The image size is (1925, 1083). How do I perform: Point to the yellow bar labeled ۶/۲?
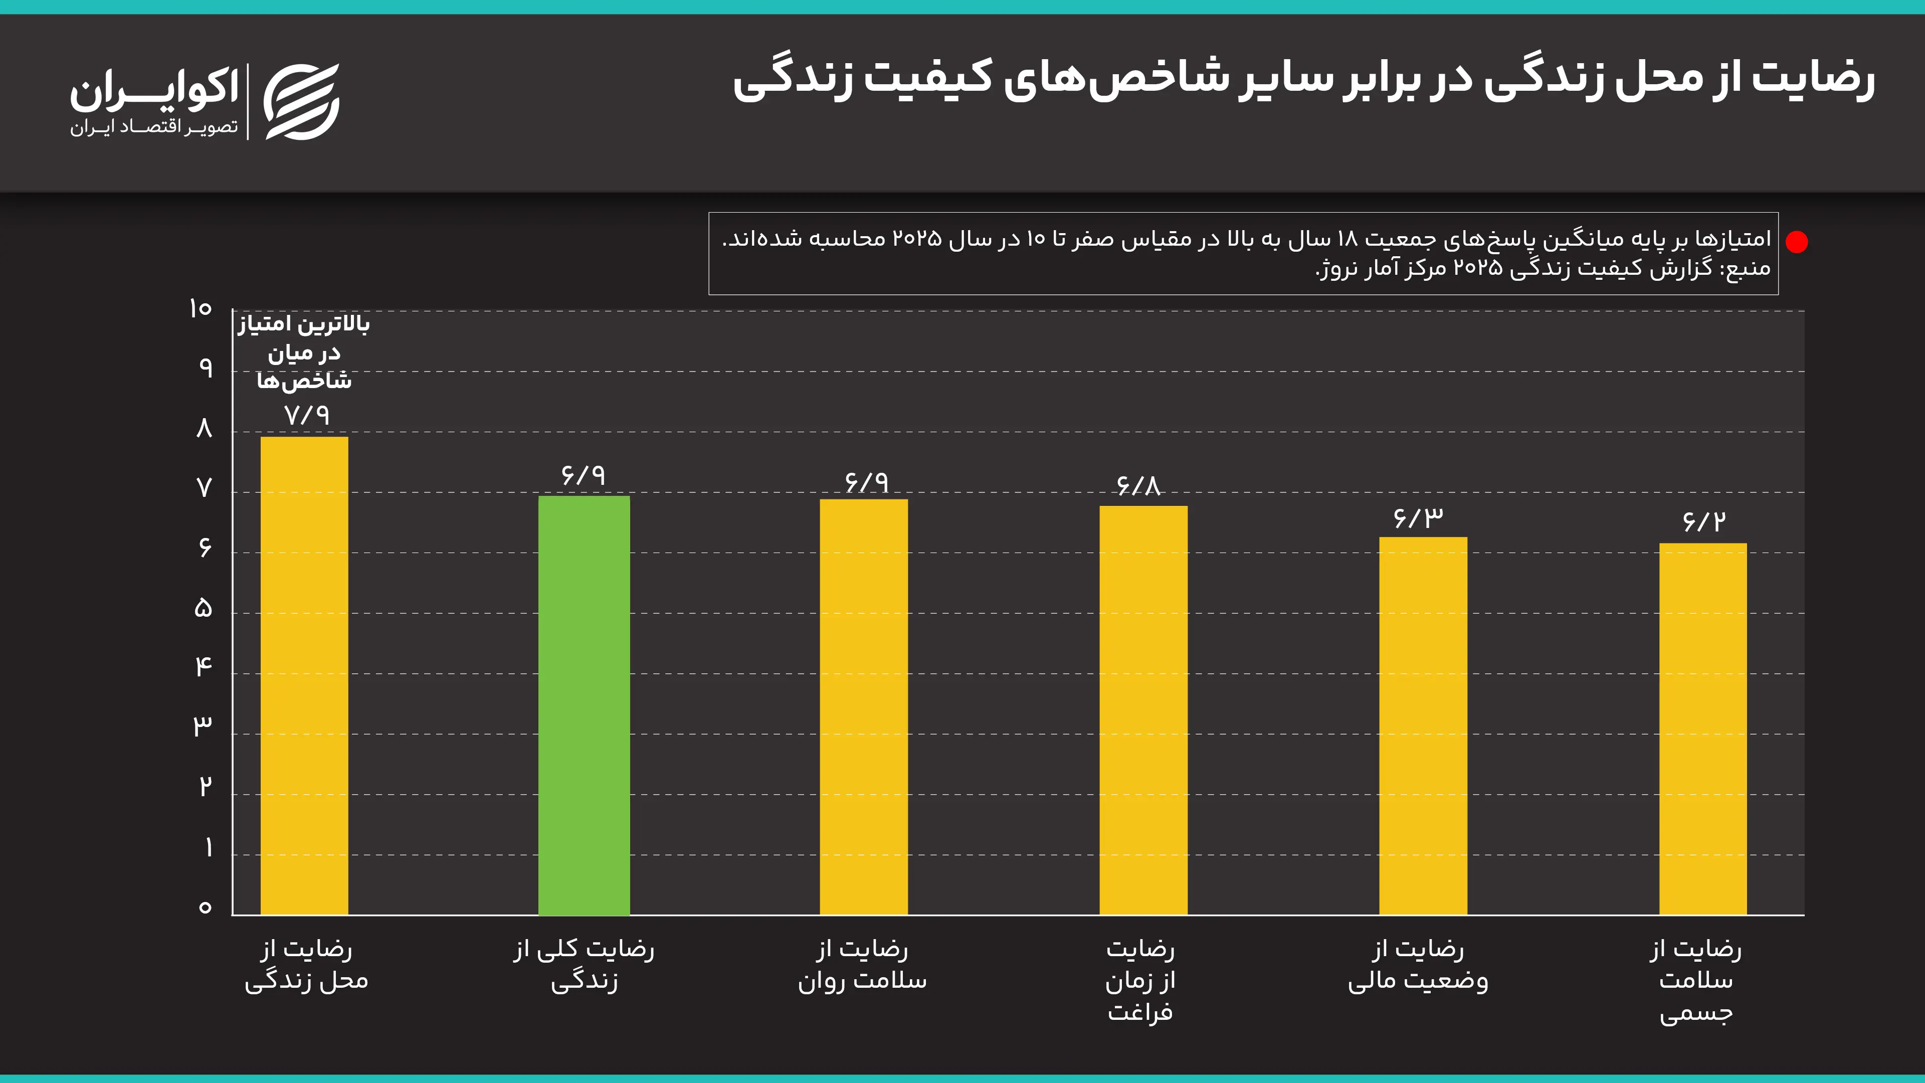point(1703,729)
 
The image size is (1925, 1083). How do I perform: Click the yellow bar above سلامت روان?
point(863,706)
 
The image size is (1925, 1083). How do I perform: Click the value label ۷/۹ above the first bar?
point(306,415)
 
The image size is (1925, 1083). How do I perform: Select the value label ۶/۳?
point(1418,518)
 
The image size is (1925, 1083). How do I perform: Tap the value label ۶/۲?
point(1704,521)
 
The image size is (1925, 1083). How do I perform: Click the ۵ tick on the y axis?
point(203,608)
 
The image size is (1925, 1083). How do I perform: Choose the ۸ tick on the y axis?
point(204,428)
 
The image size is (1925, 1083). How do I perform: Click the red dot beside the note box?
point(1797,242)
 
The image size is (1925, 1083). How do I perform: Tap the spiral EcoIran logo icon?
point(302,102)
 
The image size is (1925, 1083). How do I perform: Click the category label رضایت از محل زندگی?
point(306,965)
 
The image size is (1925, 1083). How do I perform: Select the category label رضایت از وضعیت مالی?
point(1418,965)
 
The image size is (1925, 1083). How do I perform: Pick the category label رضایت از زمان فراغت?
point(1140,981)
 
